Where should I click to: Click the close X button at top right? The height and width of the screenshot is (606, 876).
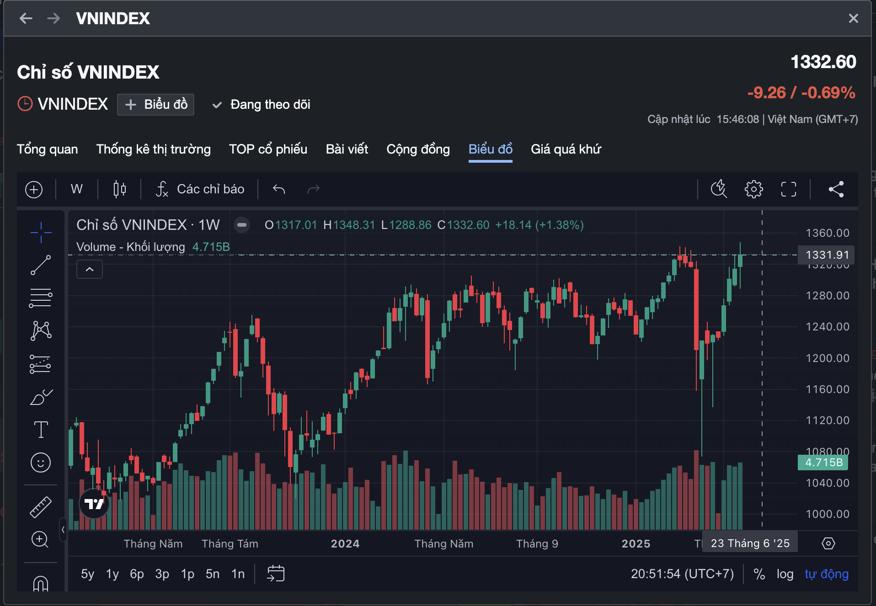(853, 18)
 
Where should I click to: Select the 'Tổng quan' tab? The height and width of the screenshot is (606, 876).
(47, 149)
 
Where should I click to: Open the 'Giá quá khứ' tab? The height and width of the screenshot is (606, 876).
(566, 149)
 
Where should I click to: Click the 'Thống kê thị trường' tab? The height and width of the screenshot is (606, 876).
(153, 149)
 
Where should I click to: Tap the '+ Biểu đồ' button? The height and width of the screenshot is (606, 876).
(156, 105)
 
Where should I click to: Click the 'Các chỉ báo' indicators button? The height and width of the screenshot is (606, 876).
(200, 189)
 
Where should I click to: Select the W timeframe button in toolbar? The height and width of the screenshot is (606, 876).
(77, 189)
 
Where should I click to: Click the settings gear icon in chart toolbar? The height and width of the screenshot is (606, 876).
(753, 189)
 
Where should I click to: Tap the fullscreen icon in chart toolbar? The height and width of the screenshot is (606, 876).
(788, 189)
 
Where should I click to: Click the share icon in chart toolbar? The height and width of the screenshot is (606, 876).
(836, 189)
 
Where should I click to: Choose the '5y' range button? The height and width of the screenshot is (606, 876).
(87, 574)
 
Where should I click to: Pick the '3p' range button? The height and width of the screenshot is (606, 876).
(162, 574)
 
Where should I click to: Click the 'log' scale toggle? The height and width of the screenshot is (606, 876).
(785, 574)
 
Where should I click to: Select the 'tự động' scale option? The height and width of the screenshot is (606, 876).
(827, 574)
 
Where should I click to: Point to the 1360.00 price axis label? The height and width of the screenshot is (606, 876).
(827, 233)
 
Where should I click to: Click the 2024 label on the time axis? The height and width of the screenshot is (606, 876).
(345, 544)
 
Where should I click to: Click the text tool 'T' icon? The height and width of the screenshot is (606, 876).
(41, 430)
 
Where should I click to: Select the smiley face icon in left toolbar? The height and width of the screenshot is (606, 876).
(41, 462)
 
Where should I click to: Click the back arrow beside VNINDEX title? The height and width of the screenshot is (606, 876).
(26, 18)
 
